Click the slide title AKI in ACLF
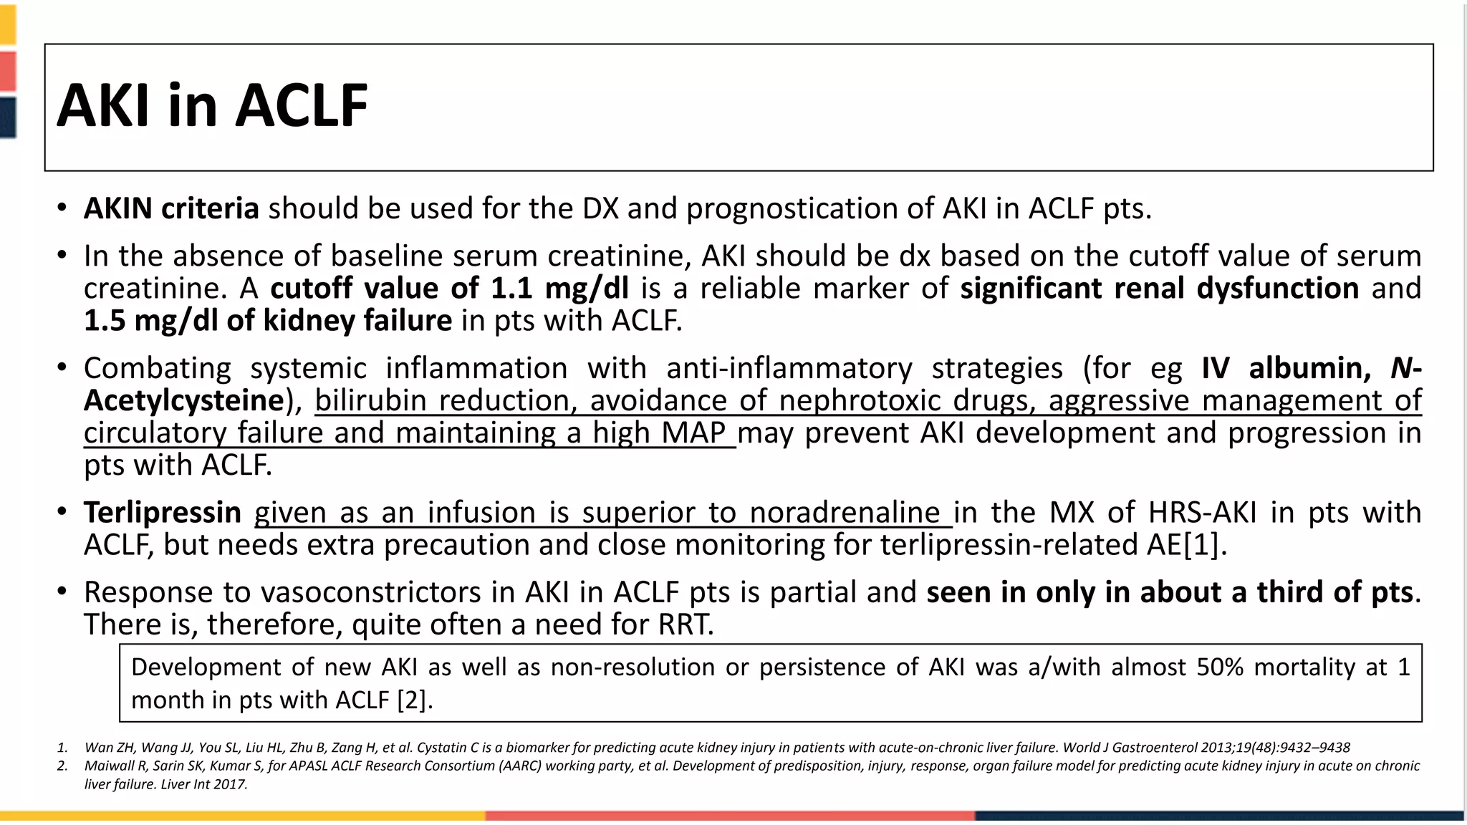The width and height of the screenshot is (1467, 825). (x=212, y=106)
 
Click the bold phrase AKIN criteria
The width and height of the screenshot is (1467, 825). (x=171, y=208)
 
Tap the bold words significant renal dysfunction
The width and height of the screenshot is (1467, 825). (x=1159, y=288)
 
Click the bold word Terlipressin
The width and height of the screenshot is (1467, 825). (x=163, y=513)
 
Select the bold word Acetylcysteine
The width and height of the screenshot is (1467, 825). (x=183, y=400)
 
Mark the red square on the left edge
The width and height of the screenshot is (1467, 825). (x=8, y=70)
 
